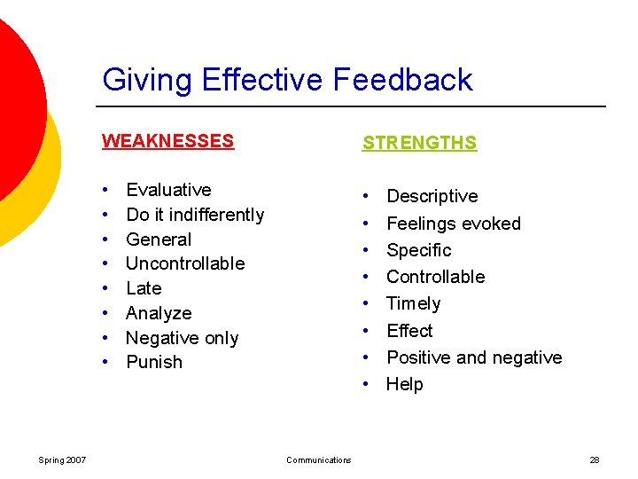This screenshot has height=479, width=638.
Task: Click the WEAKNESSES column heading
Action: point(167,141)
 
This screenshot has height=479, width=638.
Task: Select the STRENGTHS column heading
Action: point(419,143)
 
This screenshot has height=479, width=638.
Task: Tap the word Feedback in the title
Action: point(403,80)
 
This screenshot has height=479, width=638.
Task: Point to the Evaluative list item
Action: point(168,190)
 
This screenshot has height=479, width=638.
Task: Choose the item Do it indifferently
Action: point(195,215)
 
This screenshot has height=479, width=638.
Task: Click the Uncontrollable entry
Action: point(185,263)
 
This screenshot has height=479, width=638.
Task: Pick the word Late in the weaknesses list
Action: point(144,288)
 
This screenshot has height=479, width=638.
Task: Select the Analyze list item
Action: point(159,313)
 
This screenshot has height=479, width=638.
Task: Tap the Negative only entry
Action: point(182,338)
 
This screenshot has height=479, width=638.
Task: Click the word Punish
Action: point(154,362)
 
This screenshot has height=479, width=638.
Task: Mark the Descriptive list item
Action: point(432,196)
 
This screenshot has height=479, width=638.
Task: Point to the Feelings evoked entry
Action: point(453,224)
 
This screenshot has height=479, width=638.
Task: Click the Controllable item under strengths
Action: point(435,277)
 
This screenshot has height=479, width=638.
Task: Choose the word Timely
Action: point(413,303)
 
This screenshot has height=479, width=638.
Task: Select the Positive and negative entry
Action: point(474,357)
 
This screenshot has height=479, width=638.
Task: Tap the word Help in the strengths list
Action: point(405,384)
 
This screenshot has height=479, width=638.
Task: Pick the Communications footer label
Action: point(318,459)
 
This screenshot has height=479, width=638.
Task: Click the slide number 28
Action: point(595,459)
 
